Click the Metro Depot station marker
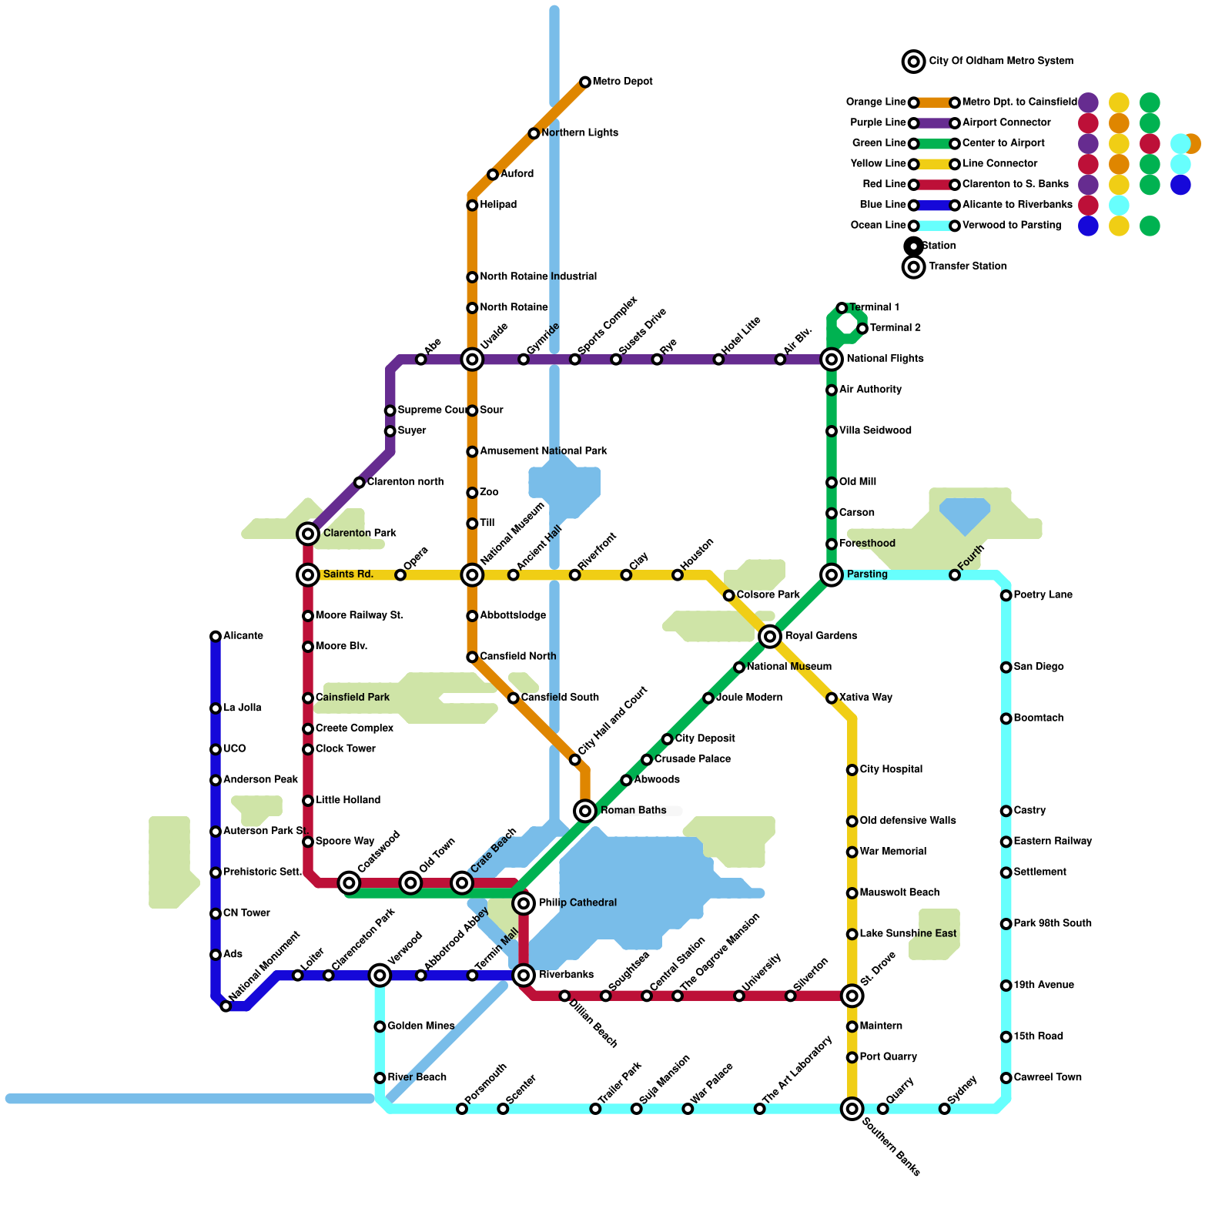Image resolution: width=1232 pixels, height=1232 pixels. point(585,82)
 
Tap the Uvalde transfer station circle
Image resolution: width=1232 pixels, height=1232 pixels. point(472,360)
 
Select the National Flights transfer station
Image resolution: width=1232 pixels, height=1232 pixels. point(832,360)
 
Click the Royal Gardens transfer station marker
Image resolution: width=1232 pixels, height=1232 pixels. point(770,636)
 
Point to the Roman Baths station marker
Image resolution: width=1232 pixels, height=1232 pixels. point(585,811)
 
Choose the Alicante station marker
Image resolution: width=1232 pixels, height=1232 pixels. point(216,637)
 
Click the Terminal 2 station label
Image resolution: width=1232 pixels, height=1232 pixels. point(896,328)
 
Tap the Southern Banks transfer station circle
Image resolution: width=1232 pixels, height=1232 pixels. point(852,1109)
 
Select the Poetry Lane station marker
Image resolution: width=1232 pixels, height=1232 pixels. point(1006,595)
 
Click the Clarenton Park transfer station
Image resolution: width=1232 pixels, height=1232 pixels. point(308,534)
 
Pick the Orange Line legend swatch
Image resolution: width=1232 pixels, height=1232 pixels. point(934,102)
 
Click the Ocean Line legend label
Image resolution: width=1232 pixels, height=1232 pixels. point(878,226)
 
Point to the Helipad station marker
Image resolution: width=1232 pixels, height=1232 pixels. point(472,206)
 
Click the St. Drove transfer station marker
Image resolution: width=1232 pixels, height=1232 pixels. point(852,996)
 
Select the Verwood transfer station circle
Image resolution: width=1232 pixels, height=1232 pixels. point(380,976)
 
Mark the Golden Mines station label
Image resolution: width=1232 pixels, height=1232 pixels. point(421,1026)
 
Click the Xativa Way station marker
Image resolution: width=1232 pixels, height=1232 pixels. point(832,698)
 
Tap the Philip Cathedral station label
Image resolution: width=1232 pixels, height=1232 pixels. point(577,902)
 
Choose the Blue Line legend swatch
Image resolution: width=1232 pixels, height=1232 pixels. point(934,206)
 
